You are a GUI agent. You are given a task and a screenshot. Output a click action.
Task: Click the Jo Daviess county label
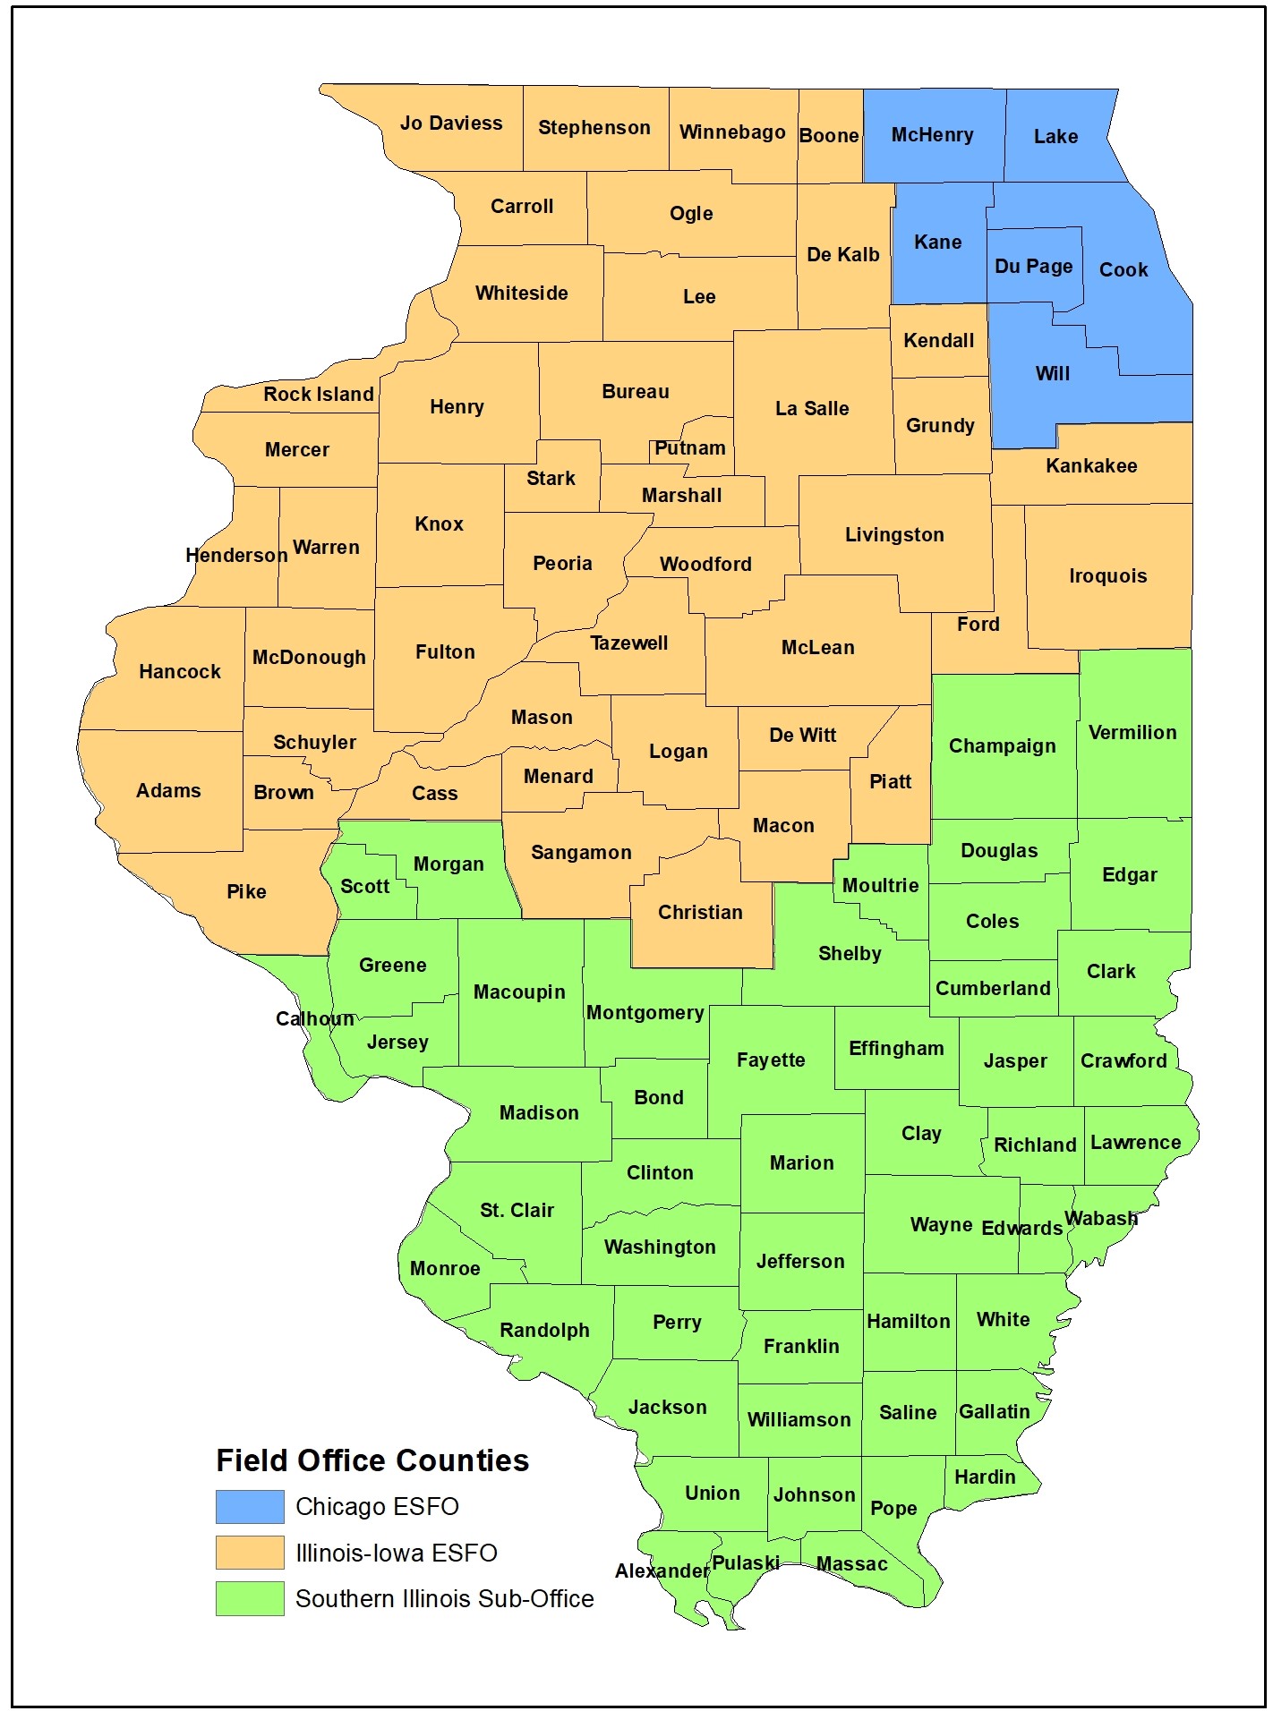[x=451, y=123]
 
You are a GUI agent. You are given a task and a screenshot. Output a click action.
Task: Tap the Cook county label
[x=1123, y=270]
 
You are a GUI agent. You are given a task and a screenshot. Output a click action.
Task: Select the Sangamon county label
[x=581, y=853]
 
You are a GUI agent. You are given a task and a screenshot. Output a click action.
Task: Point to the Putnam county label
[x=689, y=448]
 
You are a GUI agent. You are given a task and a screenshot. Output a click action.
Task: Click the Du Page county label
[x=1033, y=267]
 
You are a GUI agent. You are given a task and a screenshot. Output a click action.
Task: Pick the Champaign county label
[x=1002, y=746]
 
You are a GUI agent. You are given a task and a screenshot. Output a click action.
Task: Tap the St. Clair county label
[x=517, y=1211]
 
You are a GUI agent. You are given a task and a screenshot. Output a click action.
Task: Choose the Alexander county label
[x=662, y=1571]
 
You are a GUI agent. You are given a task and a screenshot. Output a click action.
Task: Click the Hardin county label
[x=985, y=1477]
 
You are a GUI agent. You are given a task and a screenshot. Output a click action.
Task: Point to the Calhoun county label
[x=314, y=1019]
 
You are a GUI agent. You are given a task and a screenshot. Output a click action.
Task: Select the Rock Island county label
[x=318, y=395]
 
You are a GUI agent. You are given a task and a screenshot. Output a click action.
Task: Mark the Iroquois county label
[x=1107, y=576]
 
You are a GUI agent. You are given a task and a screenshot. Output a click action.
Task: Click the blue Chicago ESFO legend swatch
[x=250, y=1507]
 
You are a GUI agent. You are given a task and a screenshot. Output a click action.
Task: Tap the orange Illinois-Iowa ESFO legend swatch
[x=250, y=1553]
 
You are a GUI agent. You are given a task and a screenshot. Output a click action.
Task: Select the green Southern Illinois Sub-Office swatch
[x=250, y=1598]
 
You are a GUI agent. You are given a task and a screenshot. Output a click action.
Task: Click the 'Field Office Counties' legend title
[x=372, y=1461]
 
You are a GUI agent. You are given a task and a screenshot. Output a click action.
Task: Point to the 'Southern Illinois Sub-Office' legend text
[x=444, y=1599]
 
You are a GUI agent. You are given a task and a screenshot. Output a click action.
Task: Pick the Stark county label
[x=551, y=479]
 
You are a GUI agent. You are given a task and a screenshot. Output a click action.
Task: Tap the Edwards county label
[x=1021, y=1229]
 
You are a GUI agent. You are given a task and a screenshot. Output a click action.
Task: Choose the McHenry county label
[x=932, y=135]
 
